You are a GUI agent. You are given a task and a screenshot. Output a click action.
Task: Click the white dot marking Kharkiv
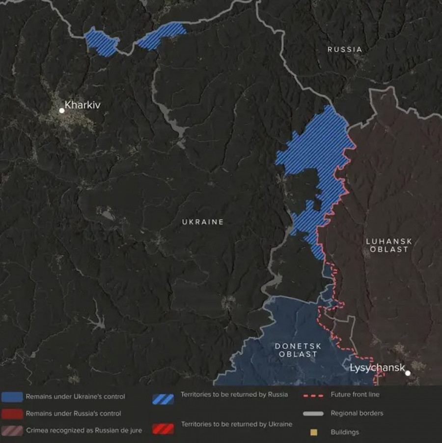62,111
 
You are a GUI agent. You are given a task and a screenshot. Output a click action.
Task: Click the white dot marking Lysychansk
408,373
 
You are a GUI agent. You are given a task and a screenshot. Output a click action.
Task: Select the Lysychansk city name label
377,368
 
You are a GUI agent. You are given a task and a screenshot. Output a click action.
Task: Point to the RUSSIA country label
345,49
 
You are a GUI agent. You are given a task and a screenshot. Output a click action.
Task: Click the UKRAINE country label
203,222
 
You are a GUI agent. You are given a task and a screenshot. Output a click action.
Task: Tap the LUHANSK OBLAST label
389,245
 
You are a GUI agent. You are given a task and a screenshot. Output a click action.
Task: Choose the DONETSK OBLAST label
298,350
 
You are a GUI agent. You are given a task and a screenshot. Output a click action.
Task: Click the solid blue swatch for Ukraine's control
12,397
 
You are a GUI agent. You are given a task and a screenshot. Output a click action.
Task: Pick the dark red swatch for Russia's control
12,413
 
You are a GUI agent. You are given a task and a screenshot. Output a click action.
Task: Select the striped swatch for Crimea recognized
12,430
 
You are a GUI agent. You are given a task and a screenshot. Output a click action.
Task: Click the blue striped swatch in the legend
163,399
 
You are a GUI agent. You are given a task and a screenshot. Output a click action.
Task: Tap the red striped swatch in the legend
163,428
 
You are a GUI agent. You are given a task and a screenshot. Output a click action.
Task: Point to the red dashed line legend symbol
314,394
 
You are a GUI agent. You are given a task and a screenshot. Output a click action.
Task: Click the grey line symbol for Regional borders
314,413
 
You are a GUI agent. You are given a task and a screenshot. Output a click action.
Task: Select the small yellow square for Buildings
314,432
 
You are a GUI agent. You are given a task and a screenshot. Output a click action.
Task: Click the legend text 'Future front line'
355,394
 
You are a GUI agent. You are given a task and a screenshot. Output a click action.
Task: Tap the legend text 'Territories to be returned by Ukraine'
236,424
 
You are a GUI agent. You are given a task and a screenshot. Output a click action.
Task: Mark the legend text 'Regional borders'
357,413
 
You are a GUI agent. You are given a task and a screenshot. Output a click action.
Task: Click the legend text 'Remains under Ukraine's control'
75,397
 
